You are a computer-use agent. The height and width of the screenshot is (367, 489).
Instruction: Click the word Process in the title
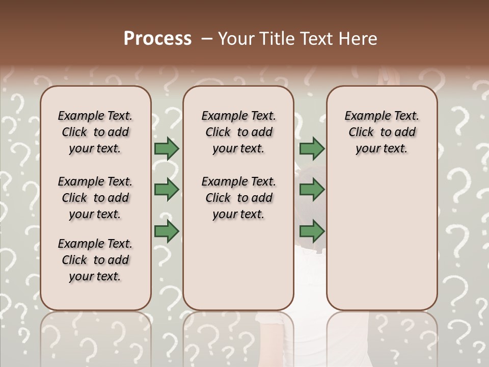click(x=157, y=39)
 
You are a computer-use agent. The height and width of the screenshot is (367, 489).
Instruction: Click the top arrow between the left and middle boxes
click(x=167, y=149)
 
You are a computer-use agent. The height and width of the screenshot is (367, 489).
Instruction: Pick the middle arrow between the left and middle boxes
click(x=167, y=190)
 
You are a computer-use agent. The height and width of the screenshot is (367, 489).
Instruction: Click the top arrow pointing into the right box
click(x=312, y=149)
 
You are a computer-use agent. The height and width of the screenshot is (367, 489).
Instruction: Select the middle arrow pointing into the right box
click(x=312, y=190)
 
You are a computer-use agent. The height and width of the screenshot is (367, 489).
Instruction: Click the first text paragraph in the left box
click(x=95, y=132)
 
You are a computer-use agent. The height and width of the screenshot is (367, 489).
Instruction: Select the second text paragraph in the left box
click(x=95, y=198)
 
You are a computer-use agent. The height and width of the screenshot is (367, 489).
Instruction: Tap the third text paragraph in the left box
click(x=95, y=260)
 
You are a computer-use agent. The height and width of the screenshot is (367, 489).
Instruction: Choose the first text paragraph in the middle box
click(x=238, y=132)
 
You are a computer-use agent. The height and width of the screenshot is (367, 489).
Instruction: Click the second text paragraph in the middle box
click(x=238, y=198)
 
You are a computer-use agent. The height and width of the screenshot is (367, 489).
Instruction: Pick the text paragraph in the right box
click(x=382, y=132)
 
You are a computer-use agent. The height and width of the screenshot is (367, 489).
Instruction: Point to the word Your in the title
click(x=236, y=39)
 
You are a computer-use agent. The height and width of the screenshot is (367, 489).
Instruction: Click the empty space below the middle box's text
click(x=238, y=265)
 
